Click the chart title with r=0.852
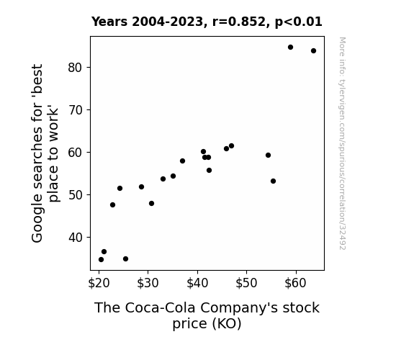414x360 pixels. point(207,22)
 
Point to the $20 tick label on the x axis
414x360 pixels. point(99,283)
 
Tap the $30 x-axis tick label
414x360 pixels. point(148,283)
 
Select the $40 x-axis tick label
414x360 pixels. point(197,283)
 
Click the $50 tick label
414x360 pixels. point(247,283)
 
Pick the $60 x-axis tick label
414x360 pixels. point(296,283)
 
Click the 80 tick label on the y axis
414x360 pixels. point(76,68)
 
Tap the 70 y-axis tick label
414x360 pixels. point(76,110)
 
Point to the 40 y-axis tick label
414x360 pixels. point(76,238)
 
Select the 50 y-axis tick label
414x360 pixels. point(76,195)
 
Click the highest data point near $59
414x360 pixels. point(290,48)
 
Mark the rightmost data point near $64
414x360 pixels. point(313,50)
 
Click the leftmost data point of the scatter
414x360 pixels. point(101,260)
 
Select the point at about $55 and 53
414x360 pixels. point(274,181)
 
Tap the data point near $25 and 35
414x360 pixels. point(126,259)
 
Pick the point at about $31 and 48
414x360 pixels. point(151,203)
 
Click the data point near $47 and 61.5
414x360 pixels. point(232,145)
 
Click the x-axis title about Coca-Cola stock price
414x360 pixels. point(207,315)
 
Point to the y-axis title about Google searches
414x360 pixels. point(45,153)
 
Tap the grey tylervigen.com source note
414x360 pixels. point(343,143)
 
